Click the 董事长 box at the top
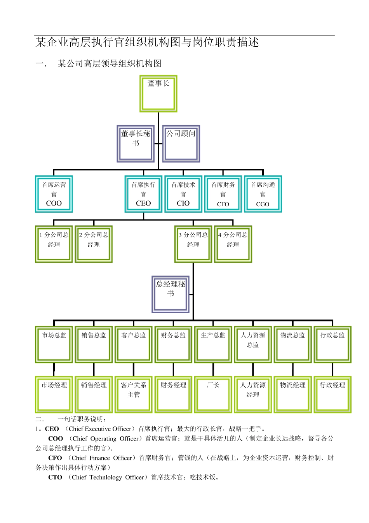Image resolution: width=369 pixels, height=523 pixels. click(158, 94)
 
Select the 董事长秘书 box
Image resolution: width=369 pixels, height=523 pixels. click(136, 144)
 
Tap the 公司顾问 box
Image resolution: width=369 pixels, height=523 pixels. click(181, 144)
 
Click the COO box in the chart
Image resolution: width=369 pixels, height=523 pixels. click(54, 194)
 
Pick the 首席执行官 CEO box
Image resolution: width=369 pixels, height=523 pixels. click(143, 194)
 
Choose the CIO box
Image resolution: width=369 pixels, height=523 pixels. click(183, 194)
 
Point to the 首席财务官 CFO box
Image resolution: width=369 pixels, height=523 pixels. click(223, 194)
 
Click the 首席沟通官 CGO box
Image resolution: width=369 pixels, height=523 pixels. click(263, 194)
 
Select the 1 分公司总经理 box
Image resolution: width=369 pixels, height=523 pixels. click(54, 244)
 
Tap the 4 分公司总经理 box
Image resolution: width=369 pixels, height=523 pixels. click(233, 244)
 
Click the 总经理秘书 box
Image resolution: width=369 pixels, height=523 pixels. click(171, 294)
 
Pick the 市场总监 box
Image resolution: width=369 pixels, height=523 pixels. click(54, 344)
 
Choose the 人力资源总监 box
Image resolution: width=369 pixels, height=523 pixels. click(253, 344)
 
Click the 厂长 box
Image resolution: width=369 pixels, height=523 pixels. click(213, 394)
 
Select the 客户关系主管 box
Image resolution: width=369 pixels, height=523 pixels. click(134, 394)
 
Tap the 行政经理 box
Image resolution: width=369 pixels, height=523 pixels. click(332, 394)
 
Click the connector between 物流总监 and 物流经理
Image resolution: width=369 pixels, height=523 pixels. click(292, 370)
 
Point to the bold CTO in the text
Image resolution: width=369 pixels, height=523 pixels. click(55, 477)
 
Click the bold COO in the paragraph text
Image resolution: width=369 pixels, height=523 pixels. click(56, 439)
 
